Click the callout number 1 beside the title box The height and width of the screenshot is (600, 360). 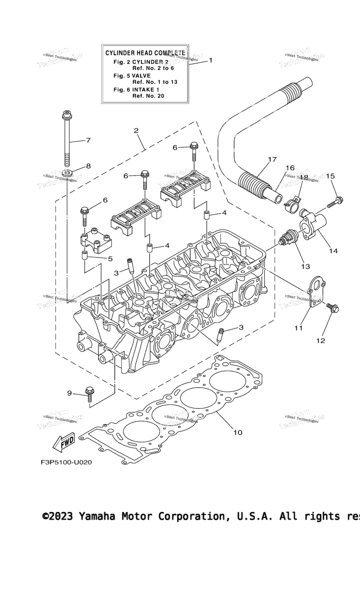(x=210, y=60)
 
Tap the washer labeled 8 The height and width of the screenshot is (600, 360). (x=67, y=173)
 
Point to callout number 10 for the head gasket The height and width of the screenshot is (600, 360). (x=238, y=432)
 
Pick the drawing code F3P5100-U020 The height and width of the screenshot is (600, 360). (x=66, y=462)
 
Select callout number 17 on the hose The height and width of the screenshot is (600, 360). (x=272, y=160)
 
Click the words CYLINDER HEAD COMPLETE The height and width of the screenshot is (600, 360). (x=145, y=53)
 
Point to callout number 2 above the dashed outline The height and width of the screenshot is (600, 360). (x=136, y=130)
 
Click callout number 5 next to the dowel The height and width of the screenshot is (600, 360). (x=110, y=258)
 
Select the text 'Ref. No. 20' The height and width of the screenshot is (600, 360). (x=148, y=96)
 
